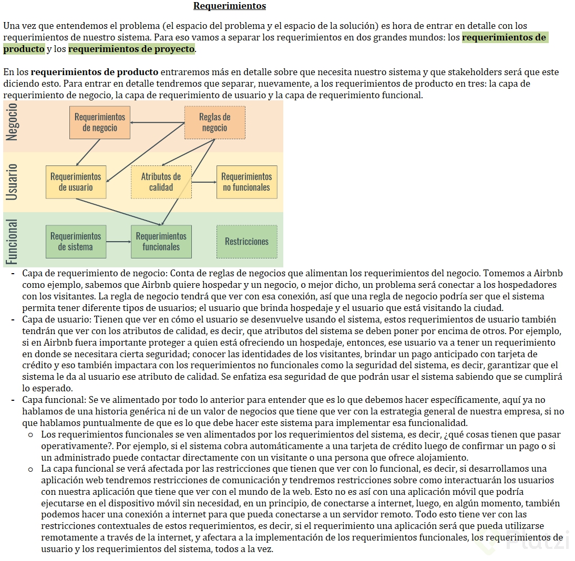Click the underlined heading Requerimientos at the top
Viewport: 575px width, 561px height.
click(x=230, y=6)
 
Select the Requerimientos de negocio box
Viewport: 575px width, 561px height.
click(x=99, y=122)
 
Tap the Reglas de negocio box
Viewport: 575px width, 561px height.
click(x=214, y=122)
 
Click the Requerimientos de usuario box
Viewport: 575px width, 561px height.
click(x=76, y=182)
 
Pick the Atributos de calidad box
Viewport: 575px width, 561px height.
click(x=161, y=182)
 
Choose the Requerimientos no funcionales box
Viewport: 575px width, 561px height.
click(x=247, y=182)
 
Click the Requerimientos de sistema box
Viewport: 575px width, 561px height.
click(x=76, y=242)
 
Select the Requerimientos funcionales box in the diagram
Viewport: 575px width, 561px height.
click(x=161, y=242)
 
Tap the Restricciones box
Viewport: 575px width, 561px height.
click(x=247, y=242)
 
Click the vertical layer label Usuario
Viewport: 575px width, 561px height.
click(x=12, y=181)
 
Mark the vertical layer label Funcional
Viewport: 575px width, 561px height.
click(x=12, y=241)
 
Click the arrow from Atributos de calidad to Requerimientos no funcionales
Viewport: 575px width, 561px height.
click(x=204, y=182)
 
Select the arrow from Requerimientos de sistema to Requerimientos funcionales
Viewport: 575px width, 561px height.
click(x=118, y=242)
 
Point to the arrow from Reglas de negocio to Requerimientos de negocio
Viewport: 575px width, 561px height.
click(x=157, y=123)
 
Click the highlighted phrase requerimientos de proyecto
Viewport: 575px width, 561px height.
click(x=131, y=49)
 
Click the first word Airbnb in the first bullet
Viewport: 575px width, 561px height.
click(x=548, y=273)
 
